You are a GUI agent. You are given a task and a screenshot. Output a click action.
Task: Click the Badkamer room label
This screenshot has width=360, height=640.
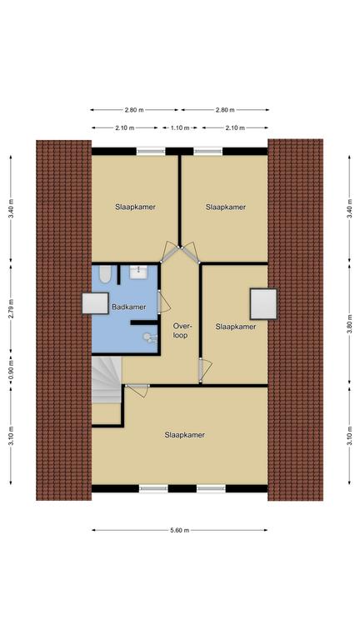(128, 307)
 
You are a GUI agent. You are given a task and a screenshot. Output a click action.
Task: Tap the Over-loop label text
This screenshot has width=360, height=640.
(180, 331)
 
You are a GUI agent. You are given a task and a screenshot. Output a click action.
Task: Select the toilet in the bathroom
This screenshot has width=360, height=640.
(104, 274)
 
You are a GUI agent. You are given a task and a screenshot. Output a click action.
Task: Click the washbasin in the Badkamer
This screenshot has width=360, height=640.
(139, 272)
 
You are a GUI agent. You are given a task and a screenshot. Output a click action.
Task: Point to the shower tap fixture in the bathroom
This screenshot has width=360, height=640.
(149, 337)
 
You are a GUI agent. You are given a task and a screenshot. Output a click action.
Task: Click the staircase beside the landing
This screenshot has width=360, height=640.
(107, 380)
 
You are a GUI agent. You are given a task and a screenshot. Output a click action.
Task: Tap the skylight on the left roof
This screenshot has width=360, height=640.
(95, 303)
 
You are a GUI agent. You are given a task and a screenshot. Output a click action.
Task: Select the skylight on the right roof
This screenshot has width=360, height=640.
(263, 304)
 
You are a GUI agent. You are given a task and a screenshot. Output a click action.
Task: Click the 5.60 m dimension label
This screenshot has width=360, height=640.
(180, 530)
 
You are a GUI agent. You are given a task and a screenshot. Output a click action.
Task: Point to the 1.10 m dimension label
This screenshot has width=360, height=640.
(180, 127)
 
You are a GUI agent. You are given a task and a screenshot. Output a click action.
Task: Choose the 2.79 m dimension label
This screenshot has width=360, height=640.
(11, 309)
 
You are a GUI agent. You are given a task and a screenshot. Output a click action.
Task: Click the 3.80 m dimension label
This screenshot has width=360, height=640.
(349, 324)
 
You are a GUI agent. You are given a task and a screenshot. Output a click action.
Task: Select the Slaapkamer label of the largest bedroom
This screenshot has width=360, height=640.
(184, 435)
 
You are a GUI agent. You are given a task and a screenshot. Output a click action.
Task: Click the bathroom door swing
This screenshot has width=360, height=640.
(163, 301)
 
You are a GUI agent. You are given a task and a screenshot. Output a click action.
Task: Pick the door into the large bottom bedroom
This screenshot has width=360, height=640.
(137, 389)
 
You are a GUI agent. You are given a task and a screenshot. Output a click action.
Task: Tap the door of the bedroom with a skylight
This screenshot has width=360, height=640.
(205, 371)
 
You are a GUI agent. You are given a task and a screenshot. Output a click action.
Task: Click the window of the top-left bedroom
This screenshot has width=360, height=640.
(151, 151)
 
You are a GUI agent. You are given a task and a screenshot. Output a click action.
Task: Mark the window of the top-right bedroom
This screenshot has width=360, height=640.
(208, 151)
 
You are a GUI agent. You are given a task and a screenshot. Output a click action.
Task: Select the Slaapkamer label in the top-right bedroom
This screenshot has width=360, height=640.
(226, 207)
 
